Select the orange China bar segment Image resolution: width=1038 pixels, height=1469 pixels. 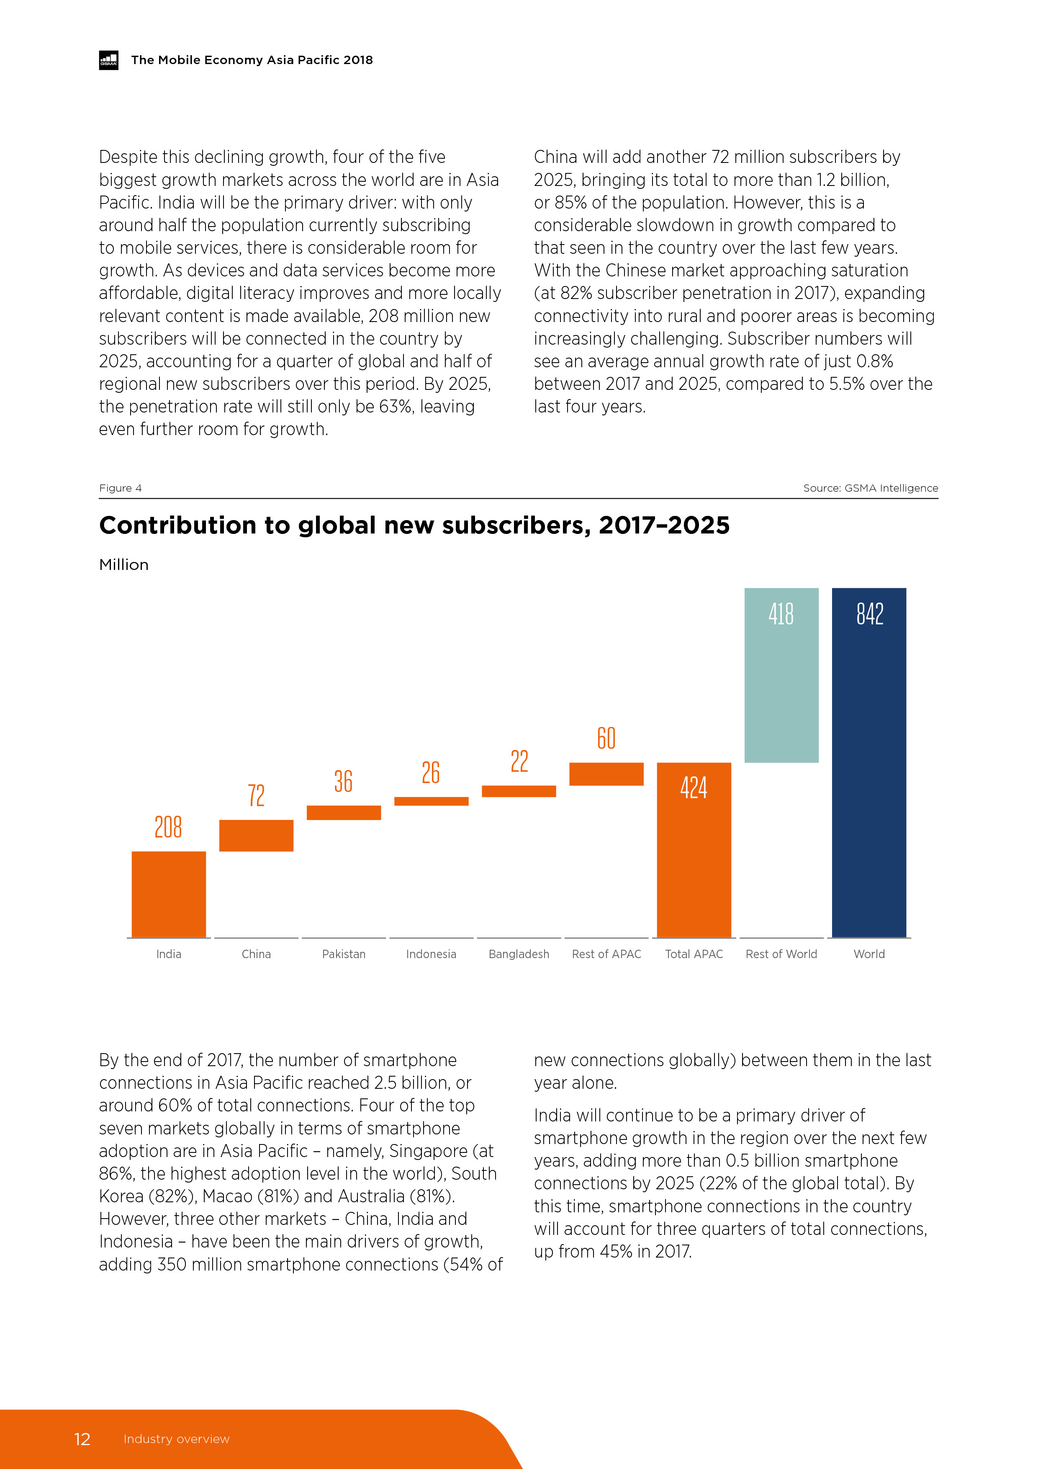(x=256, y=835)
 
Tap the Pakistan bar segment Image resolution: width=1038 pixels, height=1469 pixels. (x=344, y=812)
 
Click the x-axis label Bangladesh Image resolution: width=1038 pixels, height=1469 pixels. (x=519, y=954)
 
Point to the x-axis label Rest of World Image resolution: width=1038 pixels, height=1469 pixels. (x=781, y=954)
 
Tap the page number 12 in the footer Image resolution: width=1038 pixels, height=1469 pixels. (x=82, y=1439)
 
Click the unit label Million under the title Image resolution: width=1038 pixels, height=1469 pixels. (x=123, y=564)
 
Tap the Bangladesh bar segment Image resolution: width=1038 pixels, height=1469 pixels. (x=519, y=791)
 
